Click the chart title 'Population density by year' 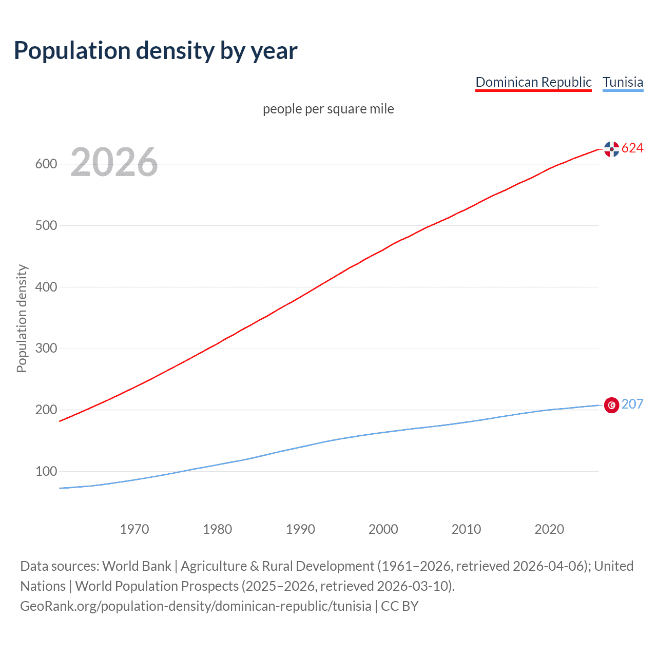pos(156,50)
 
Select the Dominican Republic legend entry pos(533,82)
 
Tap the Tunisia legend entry pos(623,82)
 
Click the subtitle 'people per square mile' pos(328,109)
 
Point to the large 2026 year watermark pos(114,162)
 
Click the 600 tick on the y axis pos(46,164)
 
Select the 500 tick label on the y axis pos(46,226)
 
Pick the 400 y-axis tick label pos(46,287)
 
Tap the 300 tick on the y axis pos(46,349)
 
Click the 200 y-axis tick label pos(46,410)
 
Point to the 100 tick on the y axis pos(46,471)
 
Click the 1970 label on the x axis pos(134,529)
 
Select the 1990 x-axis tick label pos(300,529)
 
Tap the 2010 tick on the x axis pos(466,529)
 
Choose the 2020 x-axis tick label pos(549,529)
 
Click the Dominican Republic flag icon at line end pos(611,149)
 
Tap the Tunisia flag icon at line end pos(611,405)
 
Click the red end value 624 pos(632,148)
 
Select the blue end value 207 pos(632,404)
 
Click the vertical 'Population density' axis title pos(22,318)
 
